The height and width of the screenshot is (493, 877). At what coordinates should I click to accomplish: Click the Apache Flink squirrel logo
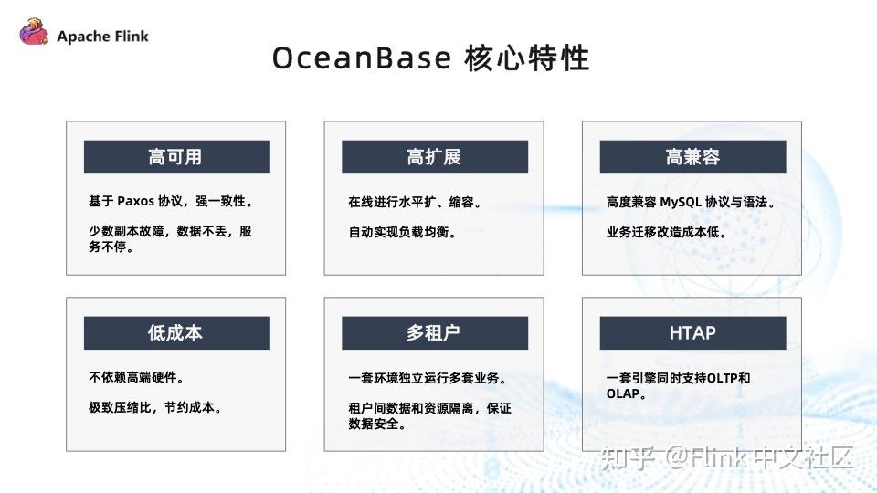pos(34,35)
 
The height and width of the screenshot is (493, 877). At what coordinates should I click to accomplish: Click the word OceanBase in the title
pos(362,58)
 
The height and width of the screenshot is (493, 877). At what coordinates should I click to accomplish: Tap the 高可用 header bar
pos(176,157)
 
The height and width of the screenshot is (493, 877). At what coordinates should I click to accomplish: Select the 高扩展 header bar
pos(434,157)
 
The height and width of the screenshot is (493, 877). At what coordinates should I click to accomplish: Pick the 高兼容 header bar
pos(692,157)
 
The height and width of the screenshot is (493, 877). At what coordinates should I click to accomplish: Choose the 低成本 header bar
pos(176,332)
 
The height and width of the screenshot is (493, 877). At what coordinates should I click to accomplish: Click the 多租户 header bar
pos(434,332)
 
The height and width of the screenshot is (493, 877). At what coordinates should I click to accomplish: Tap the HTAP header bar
pos(692,332)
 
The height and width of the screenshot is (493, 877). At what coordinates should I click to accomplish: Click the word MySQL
pos(681,202)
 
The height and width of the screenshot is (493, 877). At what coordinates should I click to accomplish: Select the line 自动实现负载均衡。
pos(402,232)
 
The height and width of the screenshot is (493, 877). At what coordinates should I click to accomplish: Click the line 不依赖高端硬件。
pos(136,377)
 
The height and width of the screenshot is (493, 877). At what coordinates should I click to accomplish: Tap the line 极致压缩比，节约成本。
pos(154,407)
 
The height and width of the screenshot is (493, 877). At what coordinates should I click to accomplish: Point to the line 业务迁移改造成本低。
pos(666,232)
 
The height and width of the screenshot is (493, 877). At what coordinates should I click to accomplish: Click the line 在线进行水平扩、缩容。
pos(415,202)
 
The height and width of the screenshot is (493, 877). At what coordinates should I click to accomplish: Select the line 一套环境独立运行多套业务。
pos(428,377)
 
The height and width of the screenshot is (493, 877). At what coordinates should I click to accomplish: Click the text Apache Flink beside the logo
pos(102,37)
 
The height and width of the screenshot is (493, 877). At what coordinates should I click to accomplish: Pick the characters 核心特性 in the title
pos(526,58)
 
